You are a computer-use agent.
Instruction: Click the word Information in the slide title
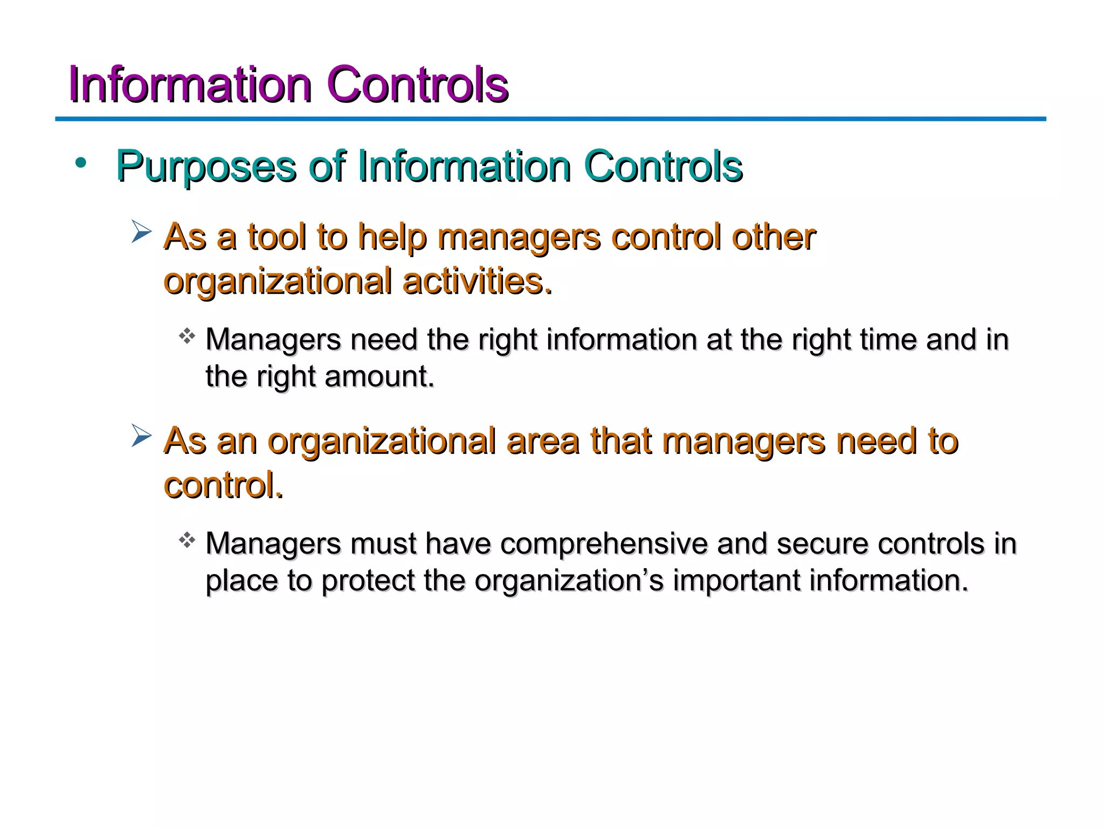tap(190, 85)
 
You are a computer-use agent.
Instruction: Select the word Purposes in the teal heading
tap(206, 167)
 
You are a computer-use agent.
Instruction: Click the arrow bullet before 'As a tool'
tap(141, 233)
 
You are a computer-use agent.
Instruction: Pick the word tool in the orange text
tap(277, 237)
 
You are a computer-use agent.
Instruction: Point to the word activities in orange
tap(477, 281)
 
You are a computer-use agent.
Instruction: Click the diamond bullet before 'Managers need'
tap(187, 336)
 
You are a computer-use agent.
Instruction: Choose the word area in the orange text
tap(542, 441)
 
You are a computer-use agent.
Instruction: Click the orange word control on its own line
tap(223, 485)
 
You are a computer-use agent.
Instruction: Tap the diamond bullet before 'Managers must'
tap(187, 540)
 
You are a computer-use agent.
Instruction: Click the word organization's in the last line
tap(569, 581)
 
